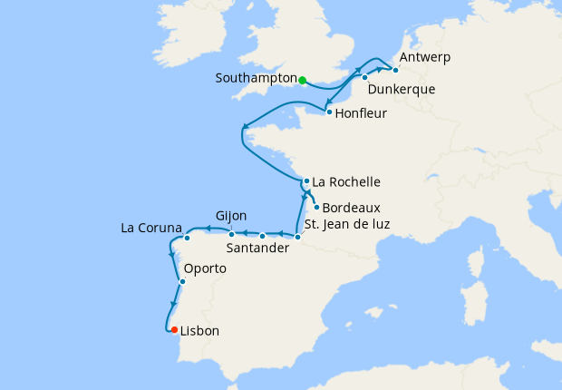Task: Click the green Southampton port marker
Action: click(x=302, y=80)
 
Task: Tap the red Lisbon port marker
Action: click(x=174, y=330)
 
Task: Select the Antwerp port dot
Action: click(x=394, y=70)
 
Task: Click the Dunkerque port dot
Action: click(x=364, y=78)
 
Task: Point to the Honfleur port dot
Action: click(x=327, y=112)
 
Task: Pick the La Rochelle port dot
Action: click(x=306, y=180)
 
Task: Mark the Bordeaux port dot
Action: click(x=315, y=207)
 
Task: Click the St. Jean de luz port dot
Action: click(x=297, y=237)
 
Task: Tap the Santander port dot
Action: click(x=263, y=236)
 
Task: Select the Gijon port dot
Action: click(x=231, y=235)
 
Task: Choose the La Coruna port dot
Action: click(x=187, y=239)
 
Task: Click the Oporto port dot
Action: click(x=182, y=281)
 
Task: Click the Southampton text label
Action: click(x=256, y=79)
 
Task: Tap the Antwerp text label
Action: click(x=424, y=58)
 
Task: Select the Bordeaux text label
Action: click(x=351, y=208)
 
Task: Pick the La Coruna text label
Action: click(x=151, y=227)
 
